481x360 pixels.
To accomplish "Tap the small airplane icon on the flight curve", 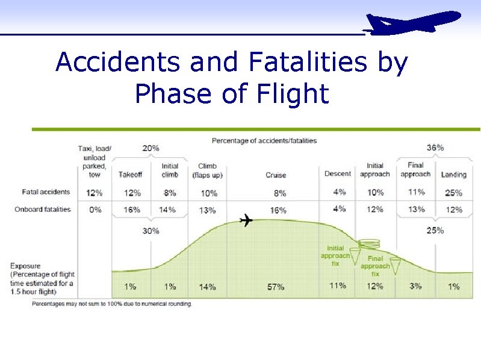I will point(246,220).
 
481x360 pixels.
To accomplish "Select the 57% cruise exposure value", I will point(276,287).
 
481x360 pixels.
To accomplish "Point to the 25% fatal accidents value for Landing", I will point(453,193).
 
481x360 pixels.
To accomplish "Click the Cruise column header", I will point(276,175).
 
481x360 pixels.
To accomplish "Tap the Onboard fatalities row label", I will point(46,209).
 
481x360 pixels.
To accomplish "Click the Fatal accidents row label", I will point(46,192).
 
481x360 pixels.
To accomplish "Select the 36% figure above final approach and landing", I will point(435,147).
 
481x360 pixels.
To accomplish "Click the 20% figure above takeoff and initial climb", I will point(151,147).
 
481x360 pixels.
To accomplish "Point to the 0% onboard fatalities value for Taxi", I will point(95,210).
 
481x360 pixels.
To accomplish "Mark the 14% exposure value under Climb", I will point(207,287).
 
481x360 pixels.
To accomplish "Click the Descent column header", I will point(338,173).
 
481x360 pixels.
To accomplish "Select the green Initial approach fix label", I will point(335,255).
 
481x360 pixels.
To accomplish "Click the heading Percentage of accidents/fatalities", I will point(264,141).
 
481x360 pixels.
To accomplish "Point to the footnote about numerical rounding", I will point(112,304).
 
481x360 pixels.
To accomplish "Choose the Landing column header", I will point(453,175).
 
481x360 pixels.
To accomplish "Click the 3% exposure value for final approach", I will point(415,287).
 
